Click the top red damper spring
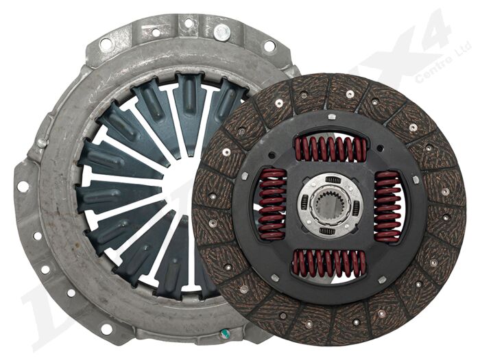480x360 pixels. tap(331, 149)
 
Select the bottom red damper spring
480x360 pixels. tap(331, 262)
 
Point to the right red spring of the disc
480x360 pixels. tap(388, 206)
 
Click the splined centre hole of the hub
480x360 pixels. tap(331, 205)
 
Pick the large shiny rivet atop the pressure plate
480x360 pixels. tap(221, 32)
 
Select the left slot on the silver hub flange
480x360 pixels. tap(306, 205)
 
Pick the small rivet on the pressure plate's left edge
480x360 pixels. tap(42, 143)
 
